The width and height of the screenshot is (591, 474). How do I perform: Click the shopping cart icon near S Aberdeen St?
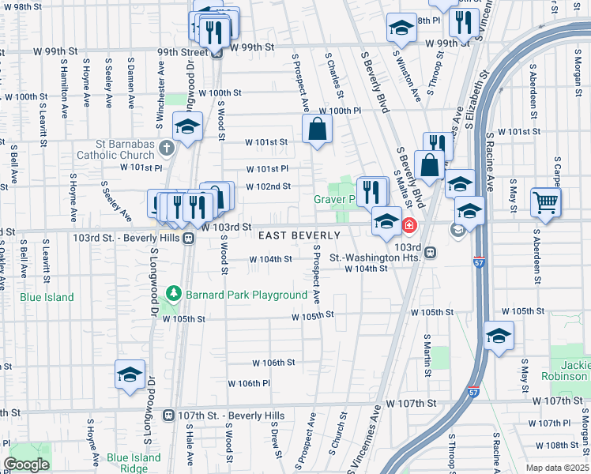pos(546,202)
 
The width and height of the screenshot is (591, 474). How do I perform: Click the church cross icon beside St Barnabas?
pos(166,148)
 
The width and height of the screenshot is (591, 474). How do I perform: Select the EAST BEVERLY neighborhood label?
pos(299,235)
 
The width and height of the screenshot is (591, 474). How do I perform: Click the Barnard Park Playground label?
pos(247,295)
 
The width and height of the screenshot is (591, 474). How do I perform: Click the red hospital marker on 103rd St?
pos(409,225)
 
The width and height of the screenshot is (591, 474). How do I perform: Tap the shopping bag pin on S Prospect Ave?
pos(316,129)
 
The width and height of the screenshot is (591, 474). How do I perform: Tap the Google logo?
pos(27,465)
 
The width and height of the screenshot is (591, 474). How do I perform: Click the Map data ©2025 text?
pos(557,468)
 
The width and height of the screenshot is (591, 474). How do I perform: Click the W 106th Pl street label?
pos(250,383)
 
